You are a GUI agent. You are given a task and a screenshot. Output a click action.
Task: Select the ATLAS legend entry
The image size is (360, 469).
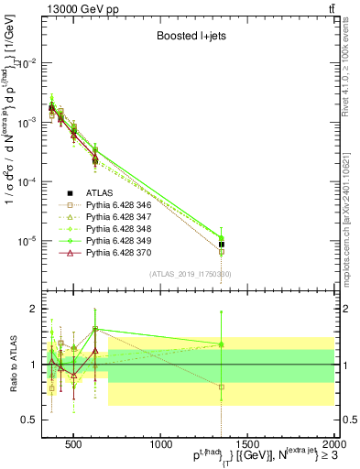97,192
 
